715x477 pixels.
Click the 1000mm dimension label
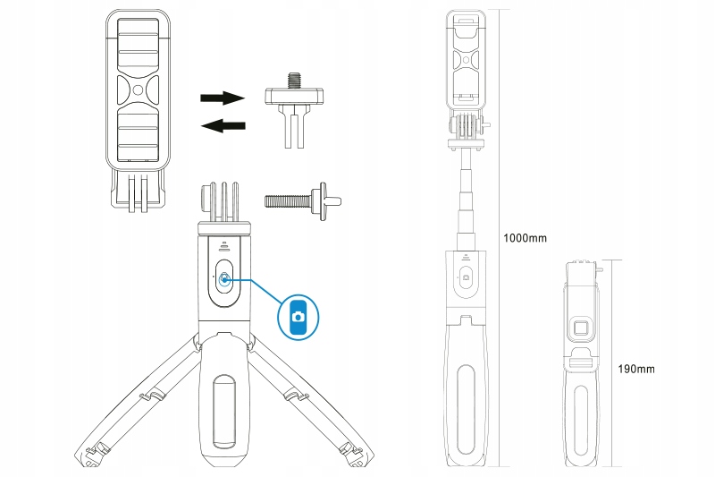coord(525,238)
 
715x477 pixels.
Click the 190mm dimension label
coord(636,369)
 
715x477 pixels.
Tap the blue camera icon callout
coord(301,316)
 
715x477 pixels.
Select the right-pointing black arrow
coord(222,97)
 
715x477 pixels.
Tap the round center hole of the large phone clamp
coord(137,90)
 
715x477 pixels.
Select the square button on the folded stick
coord(582,328)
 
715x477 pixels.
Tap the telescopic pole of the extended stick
coord(466,201)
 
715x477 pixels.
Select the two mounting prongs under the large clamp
coord(137,193)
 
